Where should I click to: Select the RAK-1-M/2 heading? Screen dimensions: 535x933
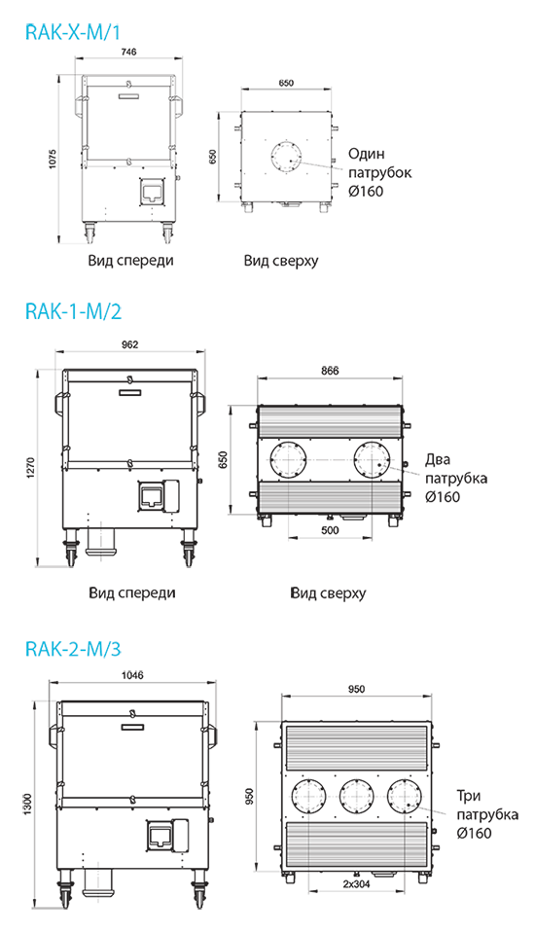(x=73, y=310)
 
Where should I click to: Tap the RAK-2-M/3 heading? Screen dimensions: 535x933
(x=73, y=648)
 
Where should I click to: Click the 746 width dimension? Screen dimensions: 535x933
(x=128, y=52)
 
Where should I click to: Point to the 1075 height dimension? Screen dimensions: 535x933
(x=53, y=160)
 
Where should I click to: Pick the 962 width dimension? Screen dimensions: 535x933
(x=129, y=344)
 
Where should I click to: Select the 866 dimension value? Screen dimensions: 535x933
(x=330, y=371)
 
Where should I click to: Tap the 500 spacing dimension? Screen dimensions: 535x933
(x=330, y=530)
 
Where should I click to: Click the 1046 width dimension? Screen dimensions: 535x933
(x=132, y=675)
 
